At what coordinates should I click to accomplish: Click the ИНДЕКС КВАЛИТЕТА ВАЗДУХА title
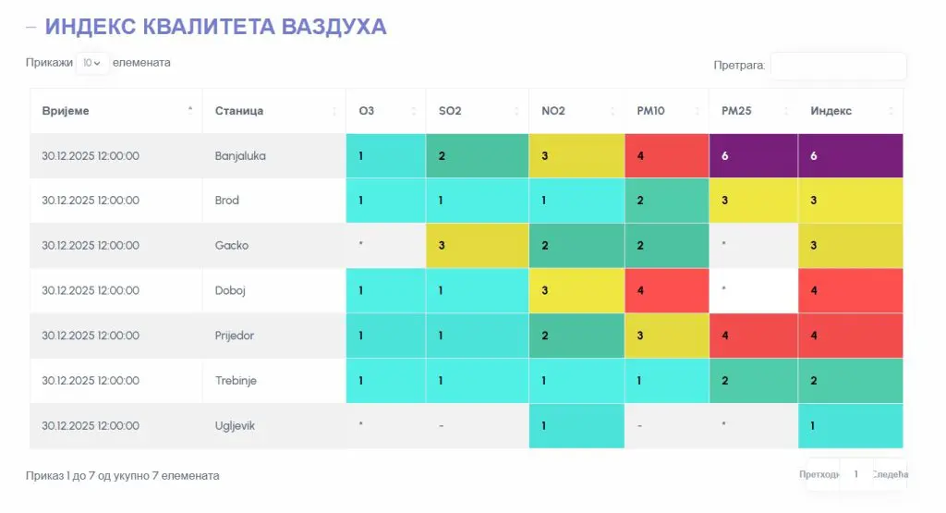pyautogui.click(x=215, y=27)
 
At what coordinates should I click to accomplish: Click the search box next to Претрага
pyautogui.click(x=838, y=66)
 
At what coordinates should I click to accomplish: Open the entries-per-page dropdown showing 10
pyautogui.click(x=91, y=63)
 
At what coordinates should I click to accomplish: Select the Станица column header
pyautogui.click(x=239, y=111)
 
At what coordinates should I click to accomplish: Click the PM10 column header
pyautogui.click(x=652, y=111)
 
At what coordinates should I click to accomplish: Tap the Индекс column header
pyautogui.click(x=831, y=111)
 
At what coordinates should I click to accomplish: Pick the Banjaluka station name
pyautogui.click(x=240, y=156)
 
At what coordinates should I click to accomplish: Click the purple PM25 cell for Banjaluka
pyautogui.click(x=753, y=156)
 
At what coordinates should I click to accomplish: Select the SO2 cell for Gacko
pyautogui.click(x=477, y=246)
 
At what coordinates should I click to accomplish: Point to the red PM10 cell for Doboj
pyautogui.click(x=666, y=290)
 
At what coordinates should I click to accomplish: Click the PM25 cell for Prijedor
pyautogui.click(x=753, y=336)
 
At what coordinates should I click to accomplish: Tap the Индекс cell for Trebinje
pyautogui.click(x=850, y=381)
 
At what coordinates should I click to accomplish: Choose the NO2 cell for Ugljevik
pyautogui.click(x=576, y=426)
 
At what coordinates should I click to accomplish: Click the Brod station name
pyautogui.click(x=227, y=201)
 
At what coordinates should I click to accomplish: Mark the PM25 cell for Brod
pyautogui.click(x=753, y=201)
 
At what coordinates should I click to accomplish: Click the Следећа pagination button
pyautogui.click(x=890, y=474)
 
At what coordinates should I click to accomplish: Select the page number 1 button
pyautogui.click(x=856, y=474)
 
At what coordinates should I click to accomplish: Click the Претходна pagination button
pyautogui.click(x=820, y=474)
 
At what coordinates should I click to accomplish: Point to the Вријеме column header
pyautogui.click(x=66, y=111)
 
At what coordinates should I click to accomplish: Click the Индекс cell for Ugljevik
pyautogui.click(x=850, y=426)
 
